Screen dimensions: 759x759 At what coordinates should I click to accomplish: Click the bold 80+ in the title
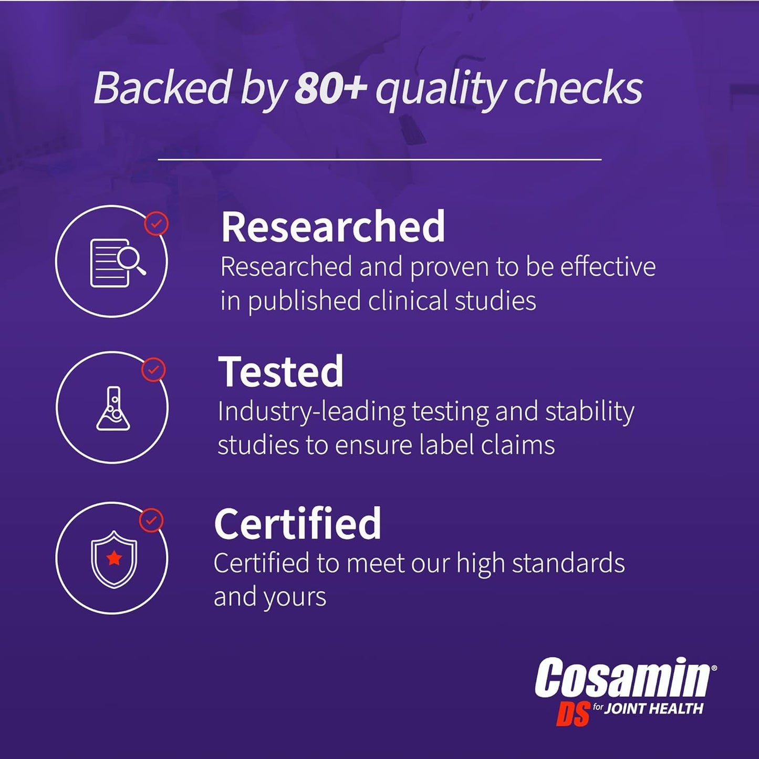pos(330,88)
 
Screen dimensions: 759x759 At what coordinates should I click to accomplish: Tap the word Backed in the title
pos(162,88)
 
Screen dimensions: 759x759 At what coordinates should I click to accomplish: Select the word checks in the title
pos(578,88)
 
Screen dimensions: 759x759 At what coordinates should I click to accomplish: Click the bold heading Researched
pos(333,227)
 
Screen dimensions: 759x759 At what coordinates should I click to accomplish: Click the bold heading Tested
pos(281,372)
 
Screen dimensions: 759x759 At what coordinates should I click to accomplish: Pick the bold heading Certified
pos(298,524)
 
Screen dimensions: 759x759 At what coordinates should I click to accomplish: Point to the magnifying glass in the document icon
pos(130,259)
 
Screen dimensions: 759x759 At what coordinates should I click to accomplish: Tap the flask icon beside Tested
pos(113,409)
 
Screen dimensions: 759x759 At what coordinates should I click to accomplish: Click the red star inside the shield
pos(114,558)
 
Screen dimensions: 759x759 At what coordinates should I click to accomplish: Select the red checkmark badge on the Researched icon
pos(157,224)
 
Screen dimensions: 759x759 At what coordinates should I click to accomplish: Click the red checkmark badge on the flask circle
pos(153,370)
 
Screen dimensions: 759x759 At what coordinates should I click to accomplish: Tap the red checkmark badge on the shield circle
pos(151,521)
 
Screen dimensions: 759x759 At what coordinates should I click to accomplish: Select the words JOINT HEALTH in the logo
pos(653,709)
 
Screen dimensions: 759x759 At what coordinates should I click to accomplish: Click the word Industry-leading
pos(311,412)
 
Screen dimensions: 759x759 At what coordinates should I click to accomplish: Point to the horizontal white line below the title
pos(379,159)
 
